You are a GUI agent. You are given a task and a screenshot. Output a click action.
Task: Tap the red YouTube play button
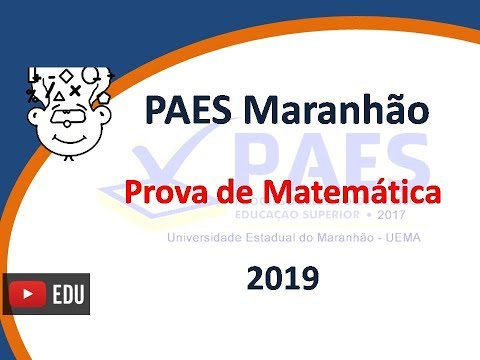[27, 295]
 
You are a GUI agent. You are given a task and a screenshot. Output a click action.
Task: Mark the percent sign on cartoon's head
[31, 96]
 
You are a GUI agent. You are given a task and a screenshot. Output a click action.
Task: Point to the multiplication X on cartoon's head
[75, 90]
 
